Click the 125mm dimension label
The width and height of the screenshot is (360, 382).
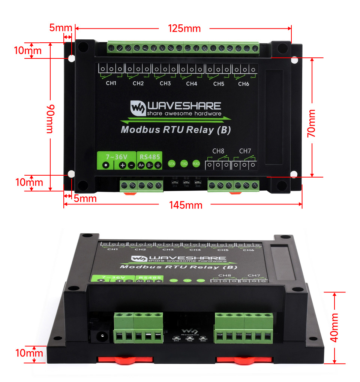(184, 28)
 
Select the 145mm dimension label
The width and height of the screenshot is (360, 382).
(186, 205)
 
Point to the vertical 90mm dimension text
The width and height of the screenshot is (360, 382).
(50, 119)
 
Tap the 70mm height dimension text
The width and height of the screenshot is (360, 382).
(311, 123)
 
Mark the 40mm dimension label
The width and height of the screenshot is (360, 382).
(334, 327)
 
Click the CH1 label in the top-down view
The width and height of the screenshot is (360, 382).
(111, 84)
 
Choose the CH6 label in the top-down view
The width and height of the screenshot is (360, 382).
(243, 84)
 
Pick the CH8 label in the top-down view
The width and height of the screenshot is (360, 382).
(218, 151)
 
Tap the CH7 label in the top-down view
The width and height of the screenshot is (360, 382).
(245, 151)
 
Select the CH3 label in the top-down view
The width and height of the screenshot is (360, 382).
(165, 84)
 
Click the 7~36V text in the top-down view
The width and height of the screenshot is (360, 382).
(117, 156)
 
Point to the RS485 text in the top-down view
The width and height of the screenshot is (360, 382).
(150, 156)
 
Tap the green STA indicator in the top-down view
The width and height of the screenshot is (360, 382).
(172, 164)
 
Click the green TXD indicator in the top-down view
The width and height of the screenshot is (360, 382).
(184, 164)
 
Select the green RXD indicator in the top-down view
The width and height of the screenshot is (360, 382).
(196, 164)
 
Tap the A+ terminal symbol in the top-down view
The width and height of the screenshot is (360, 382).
(141, 165)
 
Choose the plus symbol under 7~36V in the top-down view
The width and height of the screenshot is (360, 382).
(123, 166)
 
